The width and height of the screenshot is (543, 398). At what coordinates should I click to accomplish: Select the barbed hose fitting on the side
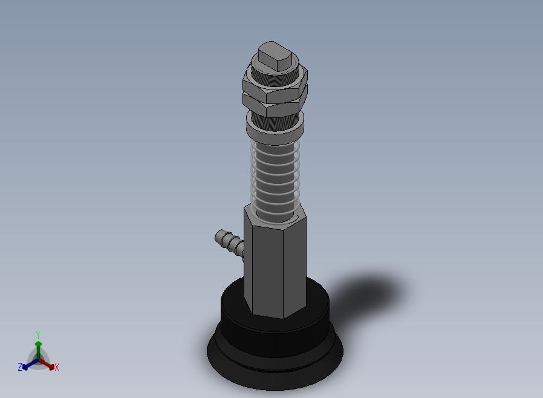click(x=230, y=243)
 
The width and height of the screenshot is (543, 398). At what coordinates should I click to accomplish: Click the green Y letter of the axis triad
click(x=38, y=335)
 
